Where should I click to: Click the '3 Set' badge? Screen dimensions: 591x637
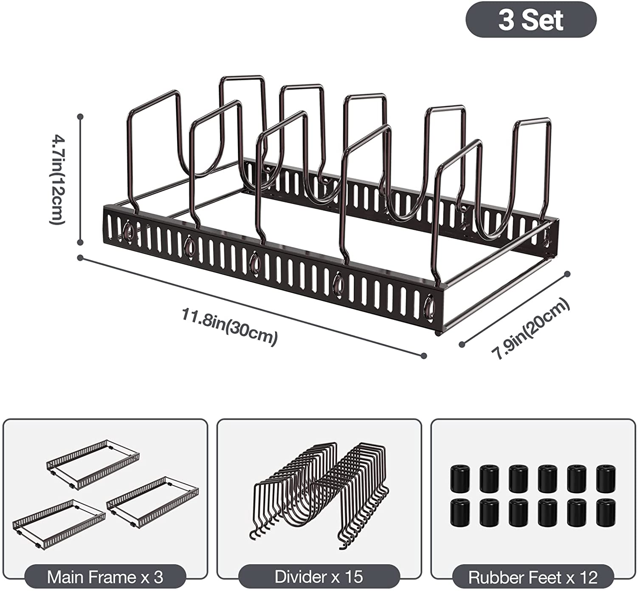(531, 20)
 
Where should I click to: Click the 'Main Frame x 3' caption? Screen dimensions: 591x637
(105, 577)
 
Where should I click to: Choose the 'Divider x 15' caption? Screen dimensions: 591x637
(318, 577)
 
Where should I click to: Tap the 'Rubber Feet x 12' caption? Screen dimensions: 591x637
(533, 577)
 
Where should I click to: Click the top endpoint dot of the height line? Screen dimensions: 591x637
(80, 116)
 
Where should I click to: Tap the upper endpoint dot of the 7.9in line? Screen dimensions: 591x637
(567, 274)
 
